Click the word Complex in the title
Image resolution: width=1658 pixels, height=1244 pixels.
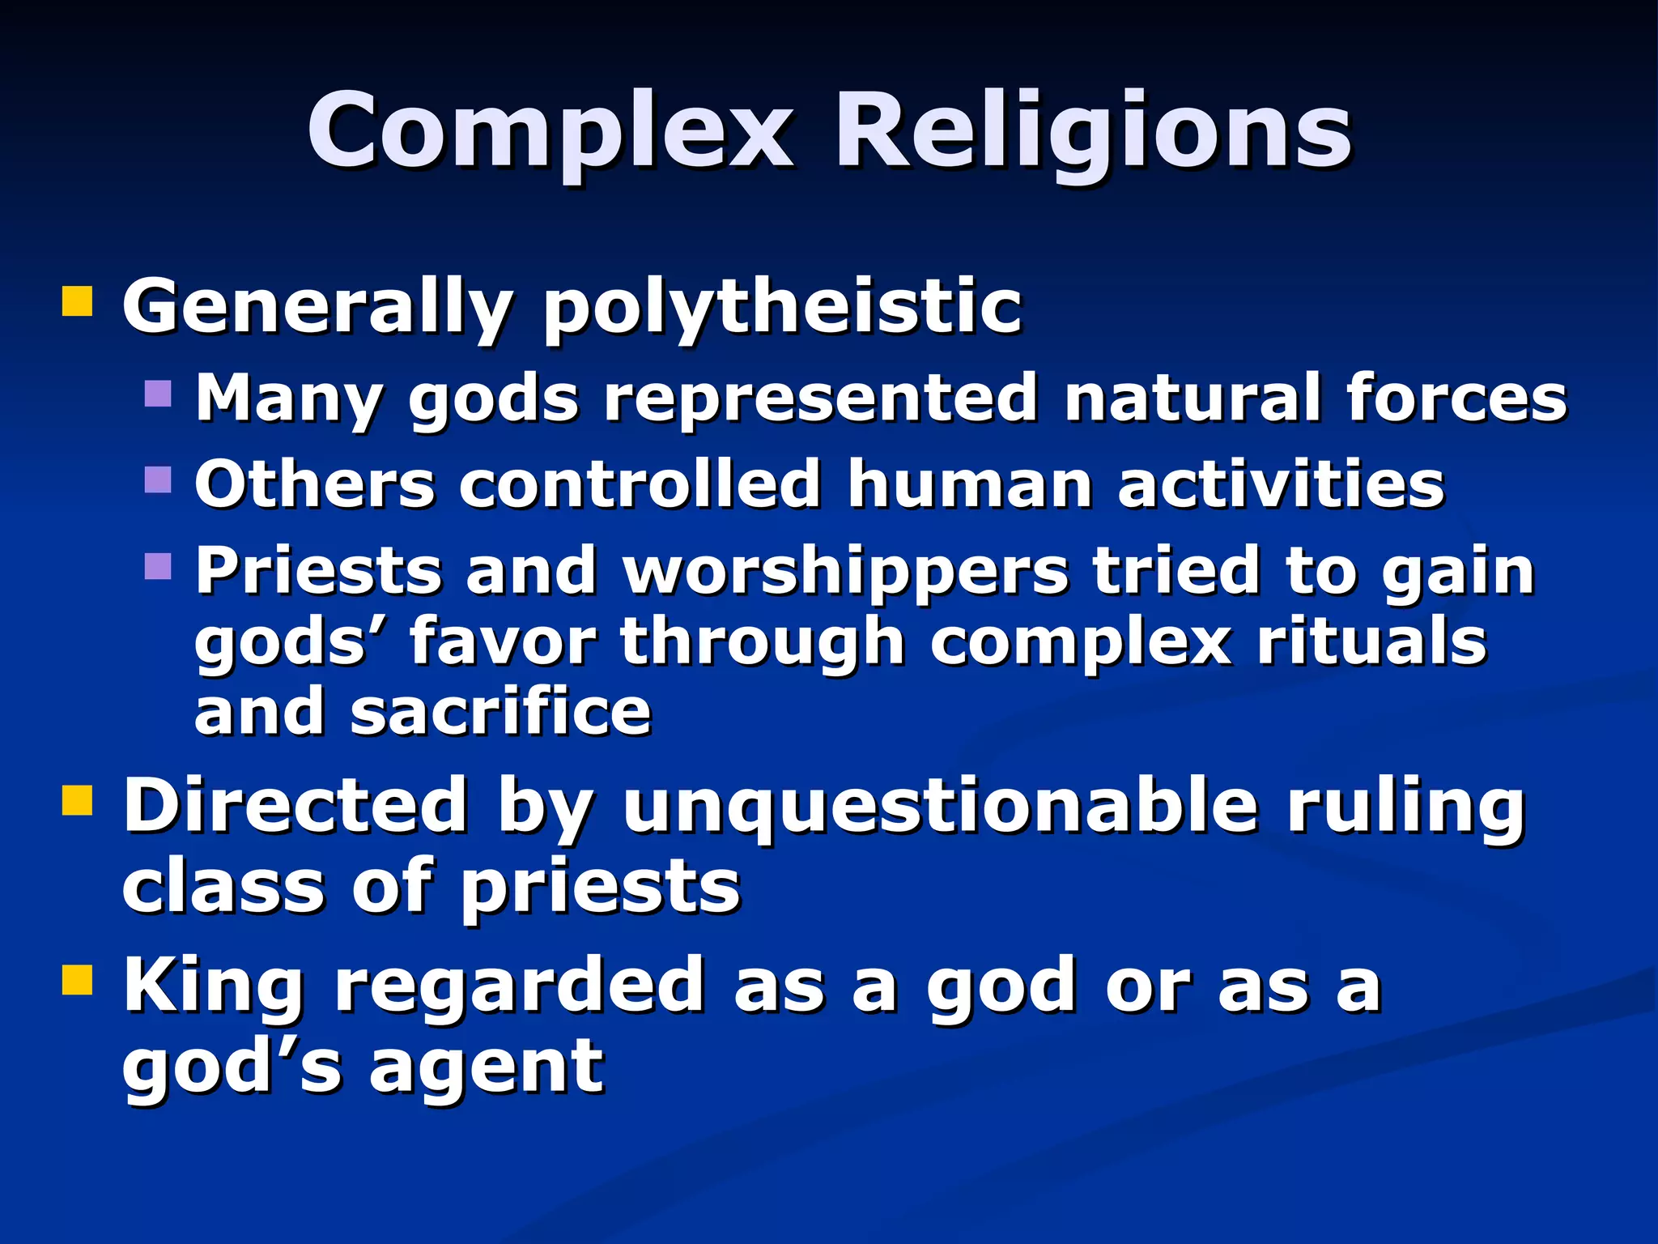[551, 131]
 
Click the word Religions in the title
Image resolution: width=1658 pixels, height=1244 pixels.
[1093, 131]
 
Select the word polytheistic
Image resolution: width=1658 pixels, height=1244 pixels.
[782, 308]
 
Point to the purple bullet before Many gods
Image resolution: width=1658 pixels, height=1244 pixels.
[159, 394]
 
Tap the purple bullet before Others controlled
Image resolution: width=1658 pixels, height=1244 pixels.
[159, 479]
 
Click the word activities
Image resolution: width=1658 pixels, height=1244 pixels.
[1281, 484]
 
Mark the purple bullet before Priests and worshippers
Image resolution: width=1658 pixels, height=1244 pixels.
[159, 566]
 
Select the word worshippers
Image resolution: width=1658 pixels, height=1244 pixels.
[845, 572]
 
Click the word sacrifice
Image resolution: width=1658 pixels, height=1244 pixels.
[500, 712]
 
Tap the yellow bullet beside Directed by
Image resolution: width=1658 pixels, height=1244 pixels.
[78, 801]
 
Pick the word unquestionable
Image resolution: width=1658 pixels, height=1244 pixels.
[940, 806]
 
